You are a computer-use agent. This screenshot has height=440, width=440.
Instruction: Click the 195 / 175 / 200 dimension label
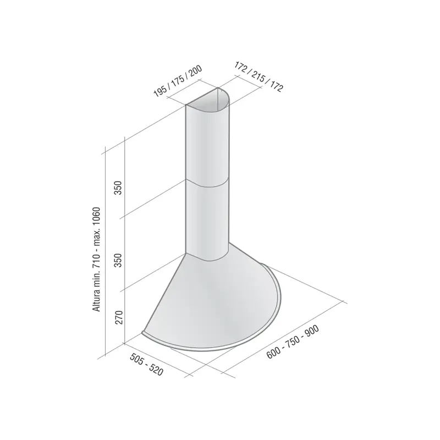coord(178,81)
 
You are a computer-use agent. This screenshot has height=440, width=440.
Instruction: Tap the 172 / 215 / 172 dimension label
coord(258,76)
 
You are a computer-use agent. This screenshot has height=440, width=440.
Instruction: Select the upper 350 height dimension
coord(118,188)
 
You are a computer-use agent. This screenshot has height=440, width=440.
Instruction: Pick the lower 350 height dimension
coord(118,260)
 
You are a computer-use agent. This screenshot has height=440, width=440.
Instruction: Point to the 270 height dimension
coord(119,317)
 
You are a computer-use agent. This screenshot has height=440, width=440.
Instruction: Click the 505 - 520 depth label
coord(146,364)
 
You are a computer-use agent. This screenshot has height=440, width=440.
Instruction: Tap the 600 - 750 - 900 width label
coord(293,342)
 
